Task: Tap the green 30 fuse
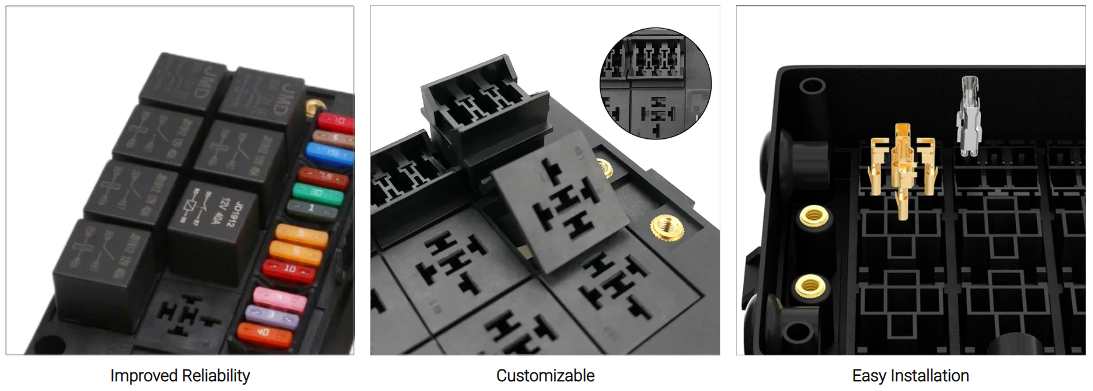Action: tap(318, 194)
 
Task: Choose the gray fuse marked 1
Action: tap(312, 209)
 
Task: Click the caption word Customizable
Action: tap(545, 376)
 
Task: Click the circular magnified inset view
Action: tap(656, 83)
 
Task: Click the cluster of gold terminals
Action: tap(901, 166)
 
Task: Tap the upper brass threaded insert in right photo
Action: tap(813, 217)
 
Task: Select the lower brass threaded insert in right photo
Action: tap(810, 286)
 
